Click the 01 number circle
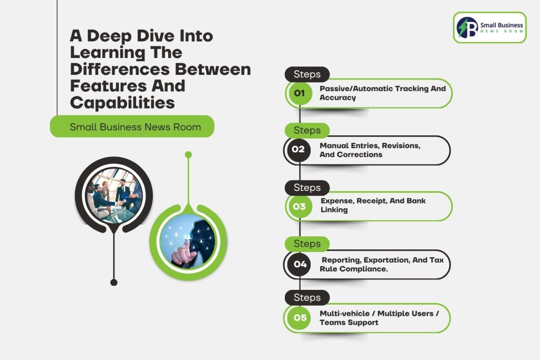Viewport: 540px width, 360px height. point(300,93)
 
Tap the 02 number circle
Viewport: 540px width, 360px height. point(298,150)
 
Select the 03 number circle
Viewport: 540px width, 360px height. point(299,206)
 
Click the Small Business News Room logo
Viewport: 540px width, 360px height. point(489,27)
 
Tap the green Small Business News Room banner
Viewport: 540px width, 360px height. point(132,127)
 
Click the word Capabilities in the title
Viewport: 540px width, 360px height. point(122,102)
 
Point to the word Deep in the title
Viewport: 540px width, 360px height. point(114,36)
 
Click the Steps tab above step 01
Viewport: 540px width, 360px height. point(307,74)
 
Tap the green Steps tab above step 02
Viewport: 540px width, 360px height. point(307,130)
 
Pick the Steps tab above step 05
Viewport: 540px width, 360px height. point(307,297)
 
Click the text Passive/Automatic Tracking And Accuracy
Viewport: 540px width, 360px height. point(382,93)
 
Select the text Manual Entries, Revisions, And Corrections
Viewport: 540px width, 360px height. point(370,150)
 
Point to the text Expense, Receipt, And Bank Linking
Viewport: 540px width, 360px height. point(373,205)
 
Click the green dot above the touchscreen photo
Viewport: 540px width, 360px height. point(188,154)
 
